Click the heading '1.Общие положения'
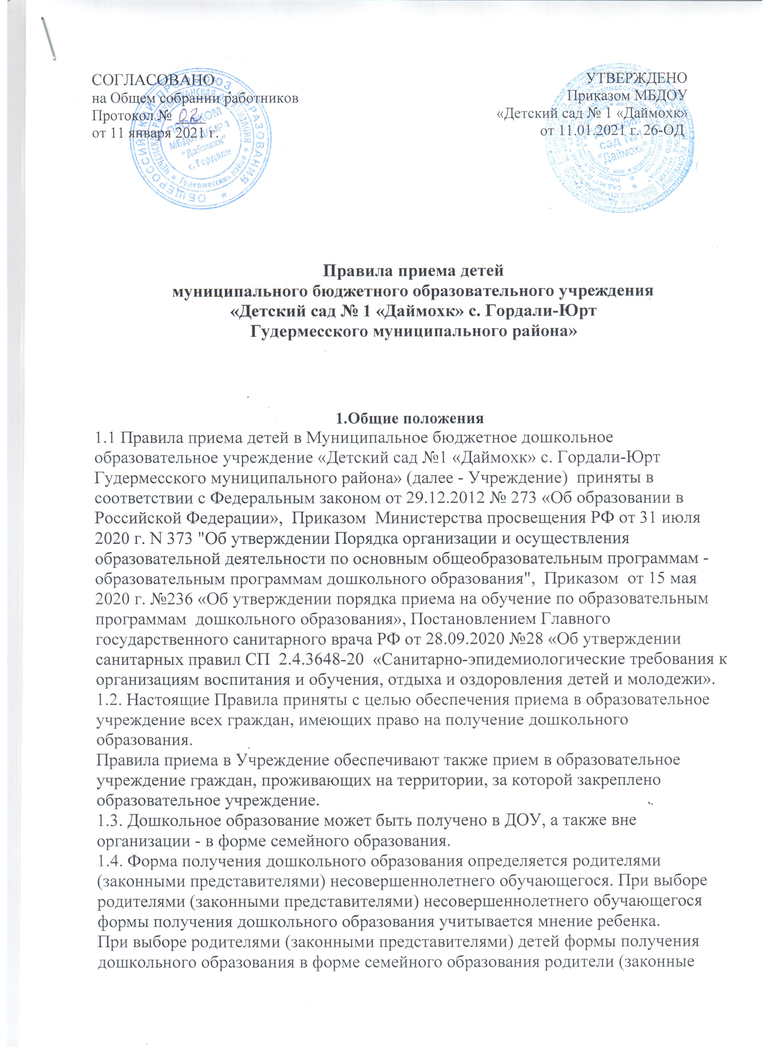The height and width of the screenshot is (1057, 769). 410,418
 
